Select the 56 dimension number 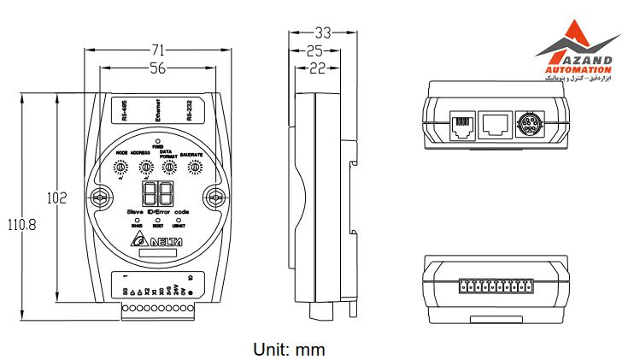point(157,69)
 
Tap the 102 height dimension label point(56,198)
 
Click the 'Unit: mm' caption point(289,349)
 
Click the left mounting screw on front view point(101,199)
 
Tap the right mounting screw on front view point(215,199)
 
